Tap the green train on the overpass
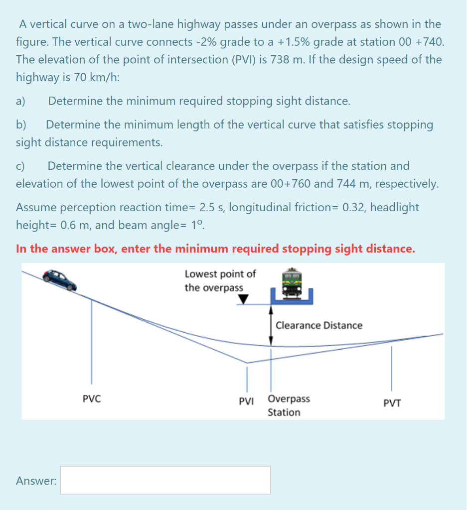pyautogui.click(x=293, y=284)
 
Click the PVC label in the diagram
pyautogui.click(x=92, y=399)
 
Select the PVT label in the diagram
pyautogui.click(x=392, y=403)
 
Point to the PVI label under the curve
pyautogui.click(x=246, y=400)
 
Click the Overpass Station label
pyautogui.click(x=288, y=405)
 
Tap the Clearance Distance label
pyautogui.click(x=319, y=325)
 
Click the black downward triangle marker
pyautogui.click(x=243, y=299)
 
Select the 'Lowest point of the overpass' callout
pyautogui.click(x=220, y=280)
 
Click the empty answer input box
pyautogui.click(x=165, y=480)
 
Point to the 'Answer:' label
pyautogui.click(x=36, y=481)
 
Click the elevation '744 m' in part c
pyautogui.click(x=355, y=184)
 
